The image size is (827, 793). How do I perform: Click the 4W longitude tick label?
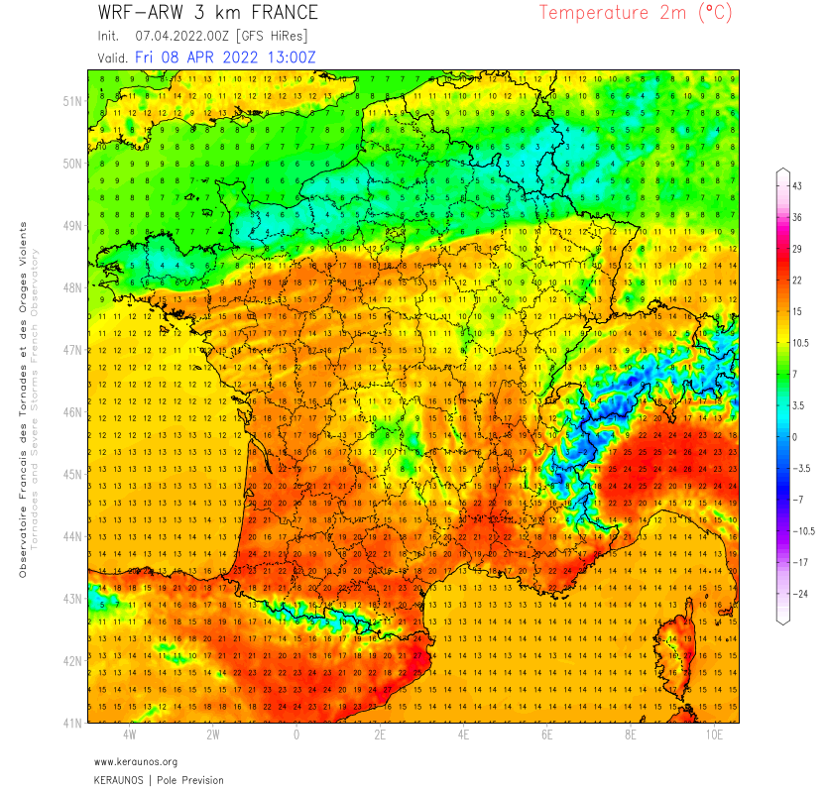point(130,736)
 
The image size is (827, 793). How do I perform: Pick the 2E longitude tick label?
point(380,736)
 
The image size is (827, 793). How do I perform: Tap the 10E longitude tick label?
point(715,736)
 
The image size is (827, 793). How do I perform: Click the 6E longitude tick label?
point(547,736)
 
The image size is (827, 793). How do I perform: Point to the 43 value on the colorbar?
point(796,186)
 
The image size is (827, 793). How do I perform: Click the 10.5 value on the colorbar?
point(799,342)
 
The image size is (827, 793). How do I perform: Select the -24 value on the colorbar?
point(797,593)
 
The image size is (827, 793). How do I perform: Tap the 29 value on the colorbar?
point(796,249)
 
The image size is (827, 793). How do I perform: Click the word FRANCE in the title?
point(278,13)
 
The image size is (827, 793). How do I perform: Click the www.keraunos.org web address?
point(136,761)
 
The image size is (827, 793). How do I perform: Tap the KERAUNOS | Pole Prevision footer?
point(159,780)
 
